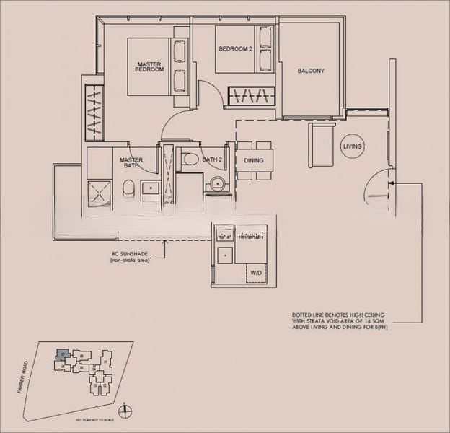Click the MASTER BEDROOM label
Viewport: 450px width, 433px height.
pos(149,67)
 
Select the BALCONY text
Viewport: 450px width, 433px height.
pos(311,71)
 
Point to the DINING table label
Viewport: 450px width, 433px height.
pos(254,160)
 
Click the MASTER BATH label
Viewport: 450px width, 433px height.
pos(131,163)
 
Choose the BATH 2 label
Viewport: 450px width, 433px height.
pos(211,159)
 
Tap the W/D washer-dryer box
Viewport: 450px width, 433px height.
pos(256,274)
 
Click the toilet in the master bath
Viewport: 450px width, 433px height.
pos(129,189)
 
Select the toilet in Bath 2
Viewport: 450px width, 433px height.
pos(190,159)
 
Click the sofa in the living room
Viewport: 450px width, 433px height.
pos(321,144)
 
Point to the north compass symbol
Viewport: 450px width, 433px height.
pos(126,411)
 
